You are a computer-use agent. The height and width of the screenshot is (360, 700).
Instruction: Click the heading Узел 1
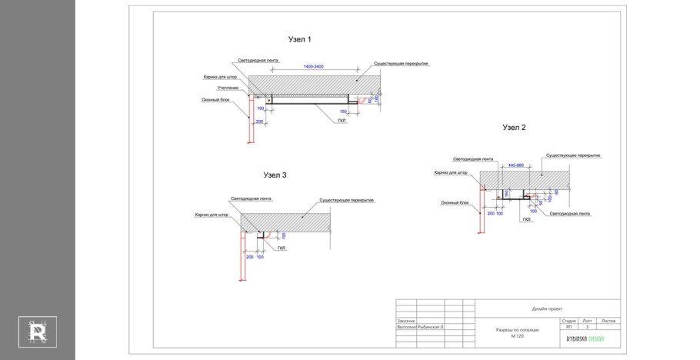click(x=299, y=39)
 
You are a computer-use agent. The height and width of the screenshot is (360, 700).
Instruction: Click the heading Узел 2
click(x=514, y=128)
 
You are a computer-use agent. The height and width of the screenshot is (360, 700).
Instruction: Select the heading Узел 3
click(x=275, y=175)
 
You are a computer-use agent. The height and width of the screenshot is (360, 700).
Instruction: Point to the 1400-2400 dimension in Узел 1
click(x=313, y=67)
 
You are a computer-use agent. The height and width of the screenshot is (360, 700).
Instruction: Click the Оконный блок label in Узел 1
click(x=216, y=99)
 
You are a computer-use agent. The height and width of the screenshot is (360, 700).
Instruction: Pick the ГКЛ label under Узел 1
click(x=342, y=121)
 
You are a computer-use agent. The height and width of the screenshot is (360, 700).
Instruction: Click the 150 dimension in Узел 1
click(x=343, y=112)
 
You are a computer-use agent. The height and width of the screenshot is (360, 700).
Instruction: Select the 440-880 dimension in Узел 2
click(x=515, y=165)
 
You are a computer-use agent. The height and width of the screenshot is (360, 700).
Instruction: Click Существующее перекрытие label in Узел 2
click(x=573, y=155)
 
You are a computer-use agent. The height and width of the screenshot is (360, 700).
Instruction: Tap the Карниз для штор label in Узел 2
click(x=451, y=173)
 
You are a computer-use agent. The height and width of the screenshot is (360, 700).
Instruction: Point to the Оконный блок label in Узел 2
click(x=455, y=203)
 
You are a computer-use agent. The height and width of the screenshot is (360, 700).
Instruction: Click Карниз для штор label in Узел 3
click(x=212, y=215)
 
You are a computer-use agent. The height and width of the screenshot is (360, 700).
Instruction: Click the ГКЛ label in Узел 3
click(x=282, y=248)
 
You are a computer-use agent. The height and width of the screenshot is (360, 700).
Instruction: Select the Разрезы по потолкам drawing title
click(x=518, y=331)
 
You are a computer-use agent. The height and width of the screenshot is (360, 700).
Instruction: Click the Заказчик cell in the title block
click(x=406, y=321)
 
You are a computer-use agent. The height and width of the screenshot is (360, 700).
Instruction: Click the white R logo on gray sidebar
click(x=38, y=331)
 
